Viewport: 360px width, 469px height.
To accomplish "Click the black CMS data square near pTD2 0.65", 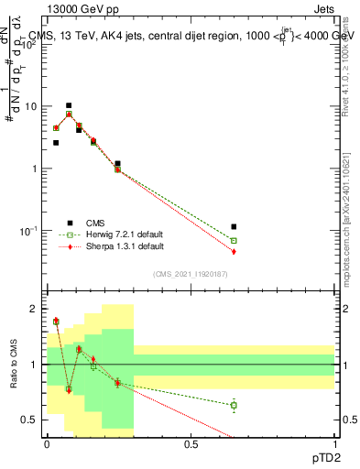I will pyautogui.click(x=235, y=226).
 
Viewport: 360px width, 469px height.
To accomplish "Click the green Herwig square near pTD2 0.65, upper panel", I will pyautogui.click(x=235, y=241).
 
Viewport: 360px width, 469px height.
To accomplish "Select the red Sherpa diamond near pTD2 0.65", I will pyautogui.click(x=235, y=252).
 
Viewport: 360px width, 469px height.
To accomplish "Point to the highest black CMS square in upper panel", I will pyautogui.click(x=69, y=105).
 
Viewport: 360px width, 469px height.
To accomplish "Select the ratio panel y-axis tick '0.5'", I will pyautogui.click(x=28, y=420).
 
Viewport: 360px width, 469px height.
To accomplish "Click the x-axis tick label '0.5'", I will pyautogui.click(x=191, y=443).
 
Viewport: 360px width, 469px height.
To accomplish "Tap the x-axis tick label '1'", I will pyautogui.click(x=335, y=443).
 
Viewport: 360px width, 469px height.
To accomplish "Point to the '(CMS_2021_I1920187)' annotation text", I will pyautogui.click(x=191, y=274).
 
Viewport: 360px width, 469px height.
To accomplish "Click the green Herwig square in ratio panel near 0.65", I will pyautogui.click(x=235, y=405).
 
